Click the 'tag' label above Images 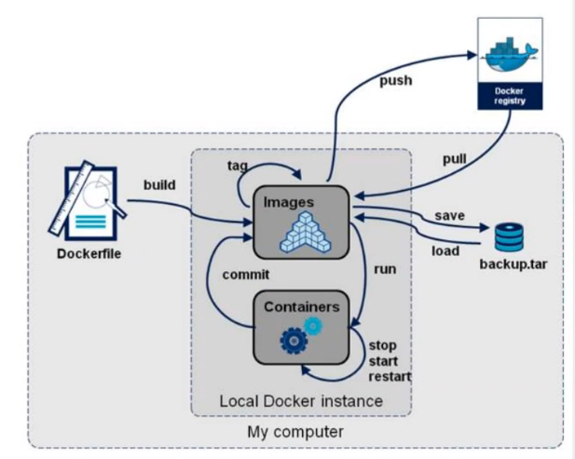coord(237,165)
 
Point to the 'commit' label coord(245,275)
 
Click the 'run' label coord(385,268)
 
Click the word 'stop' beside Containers coord(384,345)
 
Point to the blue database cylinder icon coord(509,236)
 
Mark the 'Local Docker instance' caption coord(301,400)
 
